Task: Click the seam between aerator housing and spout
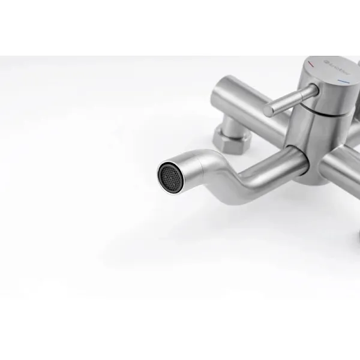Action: (x=203, y=164)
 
